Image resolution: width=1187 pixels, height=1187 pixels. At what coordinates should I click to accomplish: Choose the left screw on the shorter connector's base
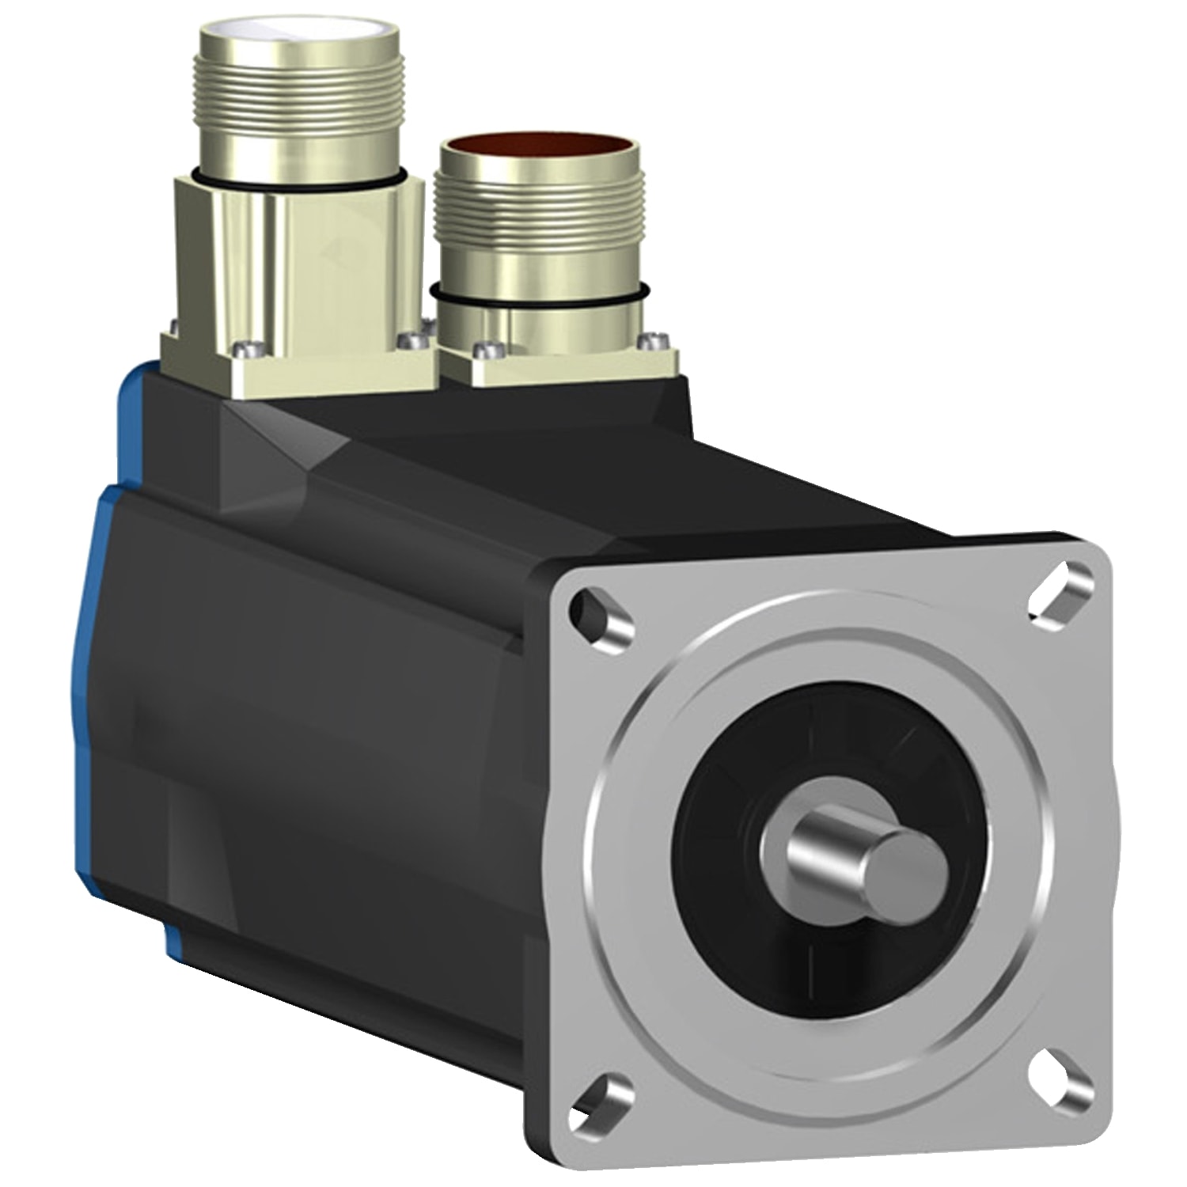coord(484,348)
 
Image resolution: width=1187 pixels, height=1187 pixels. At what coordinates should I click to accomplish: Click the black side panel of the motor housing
coord(317,752)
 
